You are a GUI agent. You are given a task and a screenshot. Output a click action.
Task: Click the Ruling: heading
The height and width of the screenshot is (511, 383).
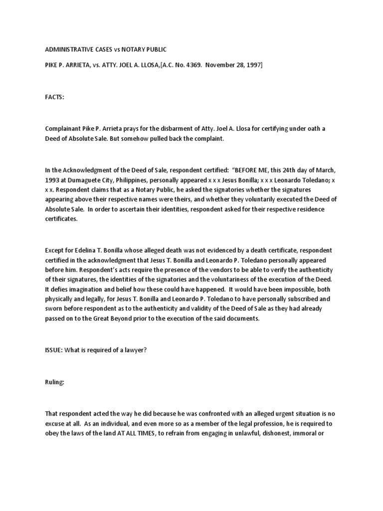coord(55,382)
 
